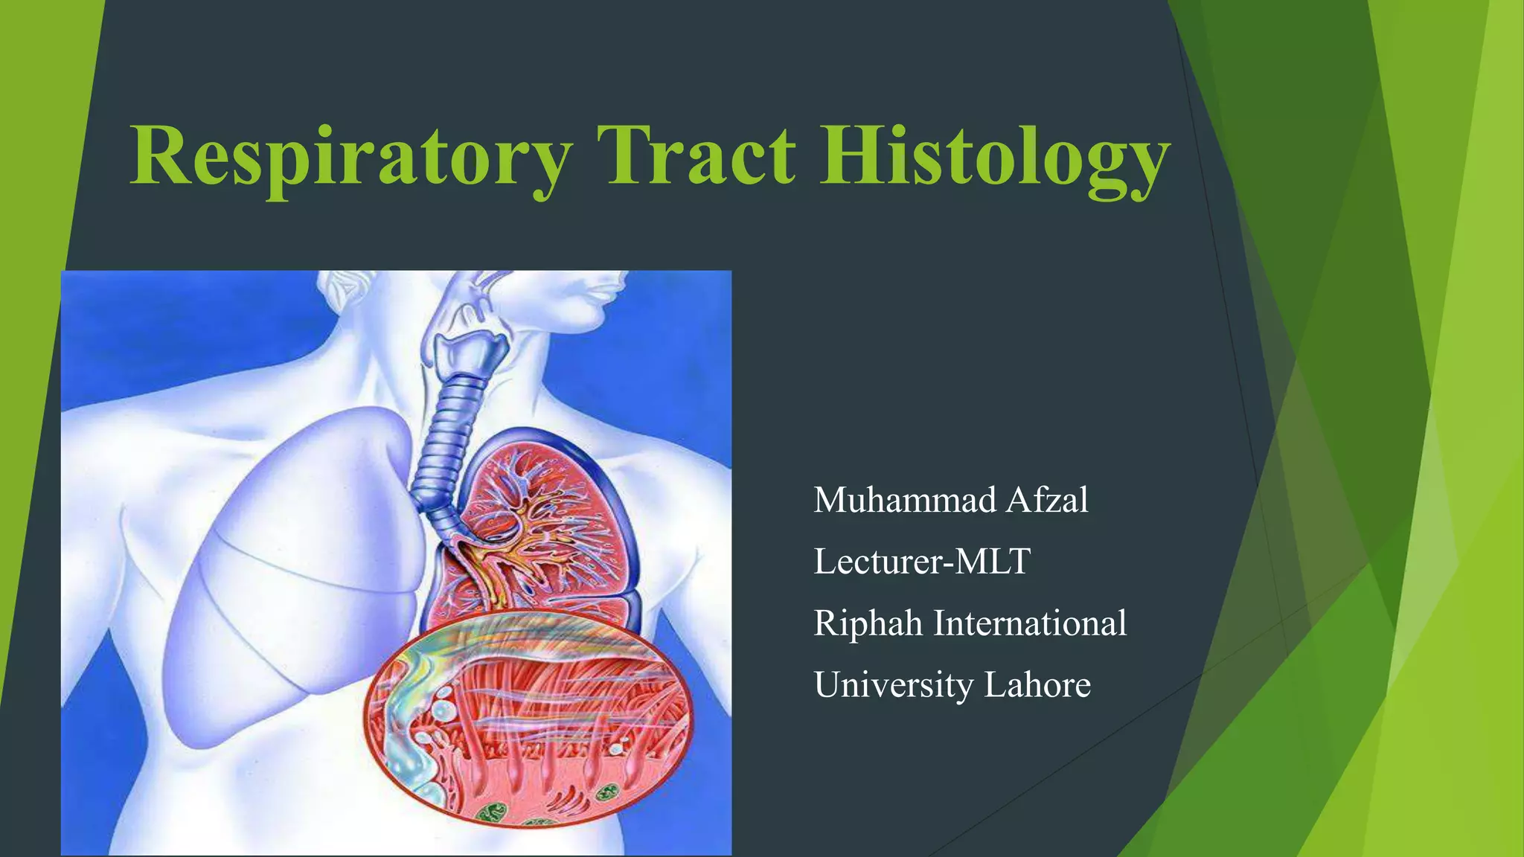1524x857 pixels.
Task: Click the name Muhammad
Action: click(904, 499)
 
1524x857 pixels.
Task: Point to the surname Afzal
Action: click(1047, 499)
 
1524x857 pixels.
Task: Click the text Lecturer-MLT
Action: click(921, 561)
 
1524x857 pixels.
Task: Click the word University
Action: click(893, 684)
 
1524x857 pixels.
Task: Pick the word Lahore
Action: click(1037, 684)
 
